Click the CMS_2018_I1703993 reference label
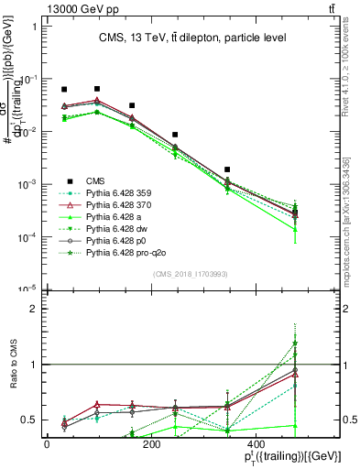tap(191, 273)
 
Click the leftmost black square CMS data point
tap(64, 90)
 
